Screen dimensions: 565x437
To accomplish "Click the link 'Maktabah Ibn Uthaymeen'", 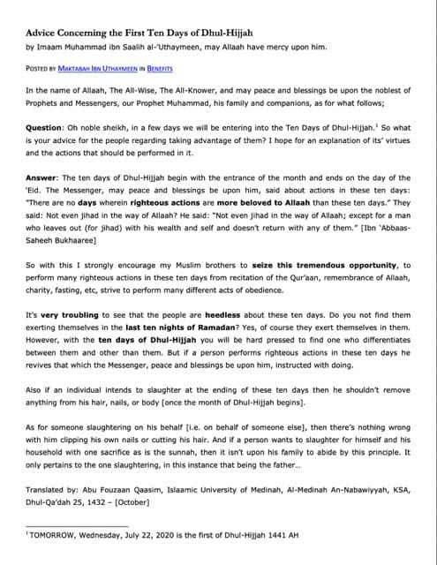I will click(x=110, y=67).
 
